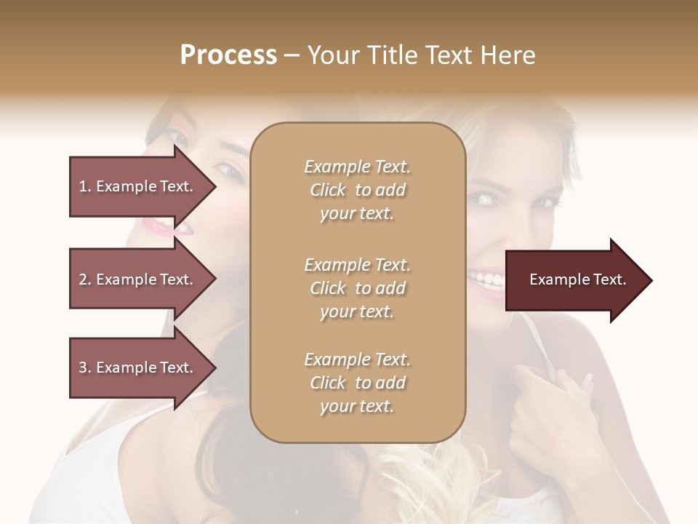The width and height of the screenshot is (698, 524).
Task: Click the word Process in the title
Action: (x=228, y=55)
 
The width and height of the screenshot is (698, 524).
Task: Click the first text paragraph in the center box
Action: (x=357, y=190)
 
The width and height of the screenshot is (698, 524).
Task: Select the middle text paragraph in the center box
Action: (x=357, y=288)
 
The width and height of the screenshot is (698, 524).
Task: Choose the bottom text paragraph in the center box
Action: (x=357, y=383)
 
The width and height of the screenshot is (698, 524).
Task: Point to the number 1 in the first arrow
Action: (x=83, y=186)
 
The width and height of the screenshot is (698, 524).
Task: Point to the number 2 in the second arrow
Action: (x=83, y=279)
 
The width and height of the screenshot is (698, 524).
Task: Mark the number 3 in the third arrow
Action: (x=83, y=368)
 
